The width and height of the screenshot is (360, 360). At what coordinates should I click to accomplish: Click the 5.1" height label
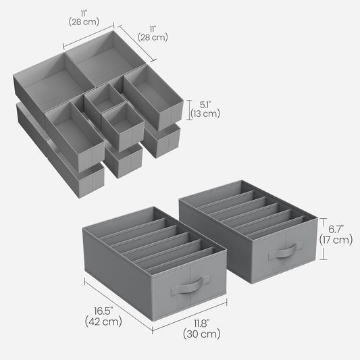tap(205, 105)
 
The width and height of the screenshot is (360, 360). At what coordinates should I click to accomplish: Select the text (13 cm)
tap(205, 113)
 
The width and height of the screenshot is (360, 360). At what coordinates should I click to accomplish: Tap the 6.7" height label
tap(336, 229)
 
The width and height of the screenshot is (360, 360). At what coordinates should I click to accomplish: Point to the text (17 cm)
tap(336, 240)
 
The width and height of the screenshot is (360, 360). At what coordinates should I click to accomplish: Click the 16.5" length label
tap(103, 311)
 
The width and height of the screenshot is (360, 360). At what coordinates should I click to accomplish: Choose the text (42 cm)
tap(103, 322)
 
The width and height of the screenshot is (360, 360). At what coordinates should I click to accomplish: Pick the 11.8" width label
tap(202, 324)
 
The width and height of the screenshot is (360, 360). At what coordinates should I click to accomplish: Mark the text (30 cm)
tap(202, 334)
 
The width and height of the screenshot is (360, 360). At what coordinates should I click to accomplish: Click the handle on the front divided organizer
tap(190, 285)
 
